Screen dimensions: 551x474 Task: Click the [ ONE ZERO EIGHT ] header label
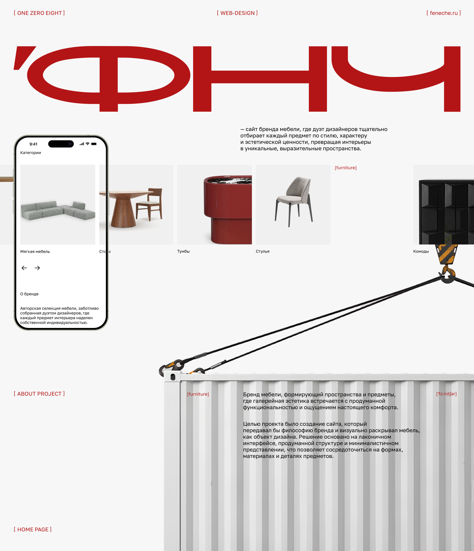click(39, 13)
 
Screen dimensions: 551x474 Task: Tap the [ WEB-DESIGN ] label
click(237, 13)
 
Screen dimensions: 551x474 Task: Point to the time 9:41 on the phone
click(34, 144)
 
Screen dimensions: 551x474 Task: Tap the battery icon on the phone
click(94, 144)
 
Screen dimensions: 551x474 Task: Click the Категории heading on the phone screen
click(31, 153)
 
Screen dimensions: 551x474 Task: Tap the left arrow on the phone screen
click(24, 268)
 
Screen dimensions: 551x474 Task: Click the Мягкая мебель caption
click(35, 252)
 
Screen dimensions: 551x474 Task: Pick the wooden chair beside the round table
click(149, 205)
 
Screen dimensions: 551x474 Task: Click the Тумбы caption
click(183, 251)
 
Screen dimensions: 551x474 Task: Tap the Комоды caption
click(421, 251)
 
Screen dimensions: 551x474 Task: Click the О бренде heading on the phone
click(29, 294)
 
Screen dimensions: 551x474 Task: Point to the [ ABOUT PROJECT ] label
click(39, 394)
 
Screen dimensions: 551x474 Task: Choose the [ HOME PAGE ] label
click(33, 530)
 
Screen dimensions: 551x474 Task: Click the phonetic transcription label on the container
click(446, 394)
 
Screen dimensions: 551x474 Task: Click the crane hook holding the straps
click(448, 275)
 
